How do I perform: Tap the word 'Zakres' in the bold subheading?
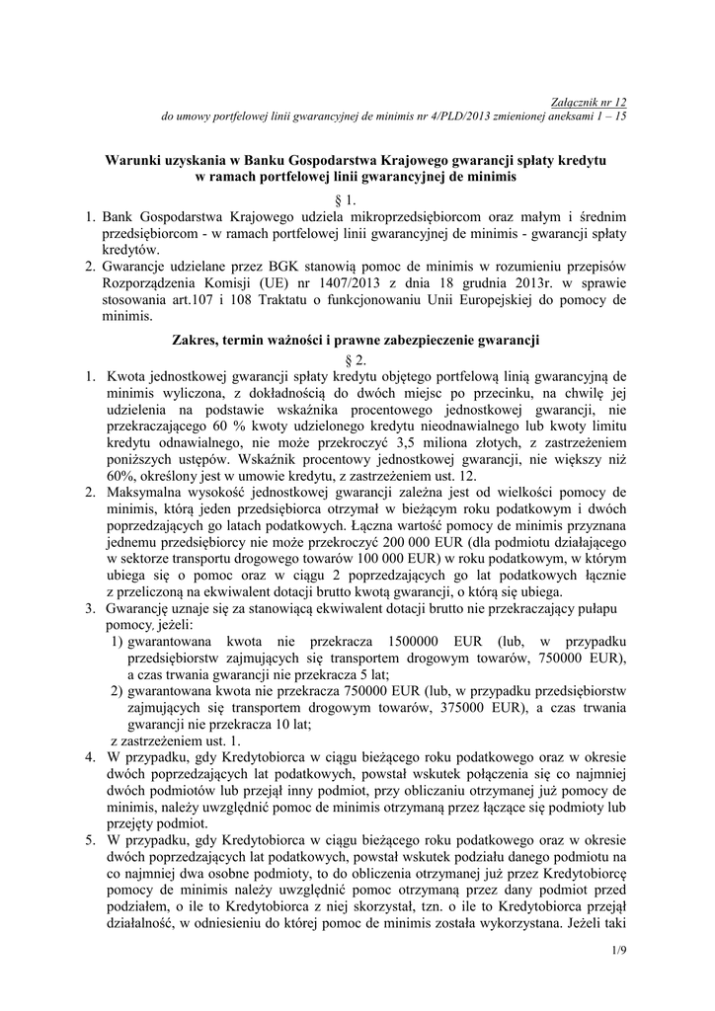tap(197, 343)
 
